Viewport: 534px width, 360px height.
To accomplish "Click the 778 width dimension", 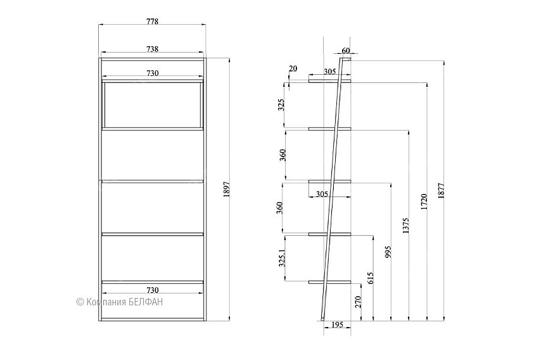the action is point(152,22).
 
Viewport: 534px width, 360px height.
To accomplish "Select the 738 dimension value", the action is point(152,49).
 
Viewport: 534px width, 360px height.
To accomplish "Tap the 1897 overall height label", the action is point(227,190).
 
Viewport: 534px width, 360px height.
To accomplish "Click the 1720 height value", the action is point(424,202).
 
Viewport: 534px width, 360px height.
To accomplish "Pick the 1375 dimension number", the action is point(405,226).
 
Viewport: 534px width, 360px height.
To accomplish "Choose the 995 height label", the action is point(388,252).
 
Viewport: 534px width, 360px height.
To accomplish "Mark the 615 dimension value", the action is point(370,278).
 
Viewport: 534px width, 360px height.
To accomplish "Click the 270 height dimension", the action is point(358,302).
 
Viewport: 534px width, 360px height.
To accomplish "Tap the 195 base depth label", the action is point(337,325).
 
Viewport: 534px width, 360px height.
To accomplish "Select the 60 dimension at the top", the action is point(346,51).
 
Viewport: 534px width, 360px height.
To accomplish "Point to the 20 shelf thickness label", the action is point(293,68).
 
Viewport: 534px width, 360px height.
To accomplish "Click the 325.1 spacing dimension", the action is point(282,258).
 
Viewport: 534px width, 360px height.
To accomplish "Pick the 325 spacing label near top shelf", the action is point(281,105).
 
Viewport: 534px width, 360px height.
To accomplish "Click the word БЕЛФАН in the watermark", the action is point(146,302).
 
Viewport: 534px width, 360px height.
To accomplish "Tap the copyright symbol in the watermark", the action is point(80,302).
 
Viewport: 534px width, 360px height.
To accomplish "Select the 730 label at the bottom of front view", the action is point(152,290).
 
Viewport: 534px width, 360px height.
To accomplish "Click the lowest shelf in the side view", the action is point(329,282).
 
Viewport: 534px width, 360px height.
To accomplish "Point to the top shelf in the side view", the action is point(329,81).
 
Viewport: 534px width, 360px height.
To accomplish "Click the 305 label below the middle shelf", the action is point(322,194).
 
